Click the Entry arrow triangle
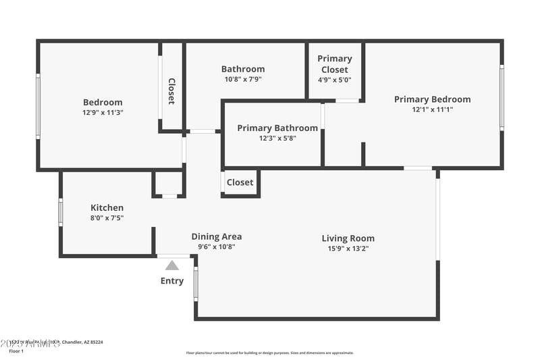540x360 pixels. (172, 265)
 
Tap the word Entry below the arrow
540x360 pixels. (172, 280)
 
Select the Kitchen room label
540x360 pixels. (107, 207)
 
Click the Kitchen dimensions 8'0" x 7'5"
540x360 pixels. (107, 217)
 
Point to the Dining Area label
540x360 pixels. (216, 236)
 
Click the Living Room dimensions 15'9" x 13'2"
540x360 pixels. (348, 248)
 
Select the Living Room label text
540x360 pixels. (348, 238)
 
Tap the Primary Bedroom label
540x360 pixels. (432, 99)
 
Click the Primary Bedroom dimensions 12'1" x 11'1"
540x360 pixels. (432, 109)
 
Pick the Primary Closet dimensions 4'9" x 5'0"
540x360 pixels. (334, 80)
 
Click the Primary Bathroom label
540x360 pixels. (277, 128)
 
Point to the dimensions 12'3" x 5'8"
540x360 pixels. (277, 138)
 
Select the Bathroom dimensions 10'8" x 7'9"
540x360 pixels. (243, 79)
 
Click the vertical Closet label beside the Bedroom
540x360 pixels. (171, 91)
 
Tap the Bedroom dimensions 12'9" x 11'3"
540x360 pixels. (103, 113)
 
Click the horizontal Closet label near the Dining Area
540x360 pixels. (240, 182)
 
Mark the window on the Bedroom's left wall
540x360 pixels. (38, 106)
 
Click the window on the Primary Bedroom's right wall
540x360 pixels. (502, 97)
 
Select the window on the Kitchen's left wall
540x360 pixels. (61, 212)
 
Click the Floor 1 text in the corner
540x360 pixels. (16, 351)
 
